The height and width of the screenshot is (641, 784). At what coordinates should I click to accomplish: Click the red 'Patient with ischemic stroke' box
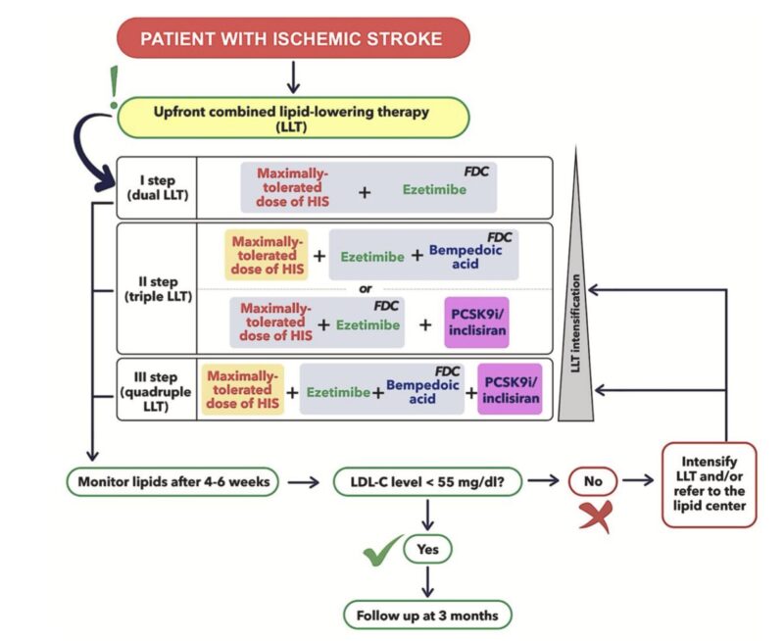point(291,39)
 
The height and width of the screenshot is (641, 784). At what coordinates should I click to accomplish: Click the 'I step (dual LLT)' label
point(157,185)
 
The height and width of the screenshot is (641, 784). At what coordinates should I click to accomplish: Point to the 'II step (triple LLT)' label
point(157,289)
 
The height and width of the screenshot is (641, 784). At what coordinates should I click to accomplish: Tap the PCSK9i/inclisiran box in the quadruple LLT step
point(510,389)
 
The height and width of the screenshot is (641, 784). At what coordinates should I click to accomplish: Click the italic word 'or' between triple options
point(365,288)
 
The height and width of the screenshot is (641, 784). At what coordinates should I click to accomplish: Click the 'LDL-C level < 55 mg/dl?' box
point(427,481)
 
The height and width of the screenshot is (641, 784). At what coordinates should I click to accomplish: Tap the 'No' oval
point(594,481)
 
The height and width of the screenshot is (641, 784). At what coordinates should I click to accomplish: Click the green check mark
point(382,552)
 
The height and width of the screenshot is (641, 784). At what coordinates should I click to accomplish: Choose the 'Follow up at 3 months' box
point(427,615)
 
